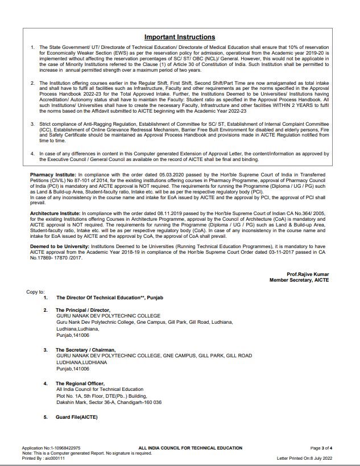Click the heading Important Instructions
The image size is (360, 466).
click(x=180, y=37)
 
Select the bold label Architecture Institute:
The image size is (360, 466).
click(x=56, y=213)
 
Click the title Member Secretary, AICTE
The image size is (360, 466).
click(x=299, y=280)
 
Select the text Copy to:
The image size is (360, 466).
click(x=35, y=292)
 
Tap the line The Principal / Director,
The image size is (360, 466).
click(x=83, y=310)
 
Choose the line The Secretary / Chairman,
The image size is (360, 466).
click(x=86, y=350)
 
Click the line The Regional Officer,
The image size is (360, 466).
click(x=80, y=383)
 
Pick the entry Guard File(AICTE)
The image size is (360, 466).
click(x=77, y=417)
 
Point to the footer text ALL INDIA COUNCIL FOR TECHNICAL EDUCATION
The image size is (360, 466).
click(x=190, y=448)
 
